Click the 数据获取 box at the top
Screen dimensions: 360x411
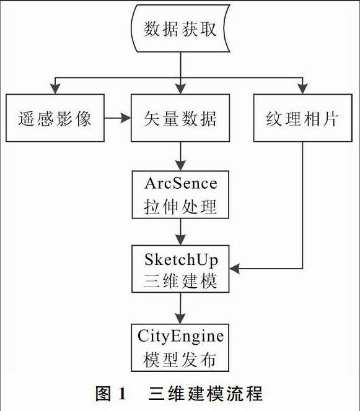click(180, 28)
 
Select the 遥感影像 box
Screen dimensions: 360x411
click(55, 118)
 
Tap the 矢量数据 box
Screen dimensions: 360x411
click(180, 118)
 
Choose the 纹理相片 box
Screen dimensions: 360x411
click(303, 118)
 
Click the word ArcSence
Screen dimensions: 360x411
click(181, 183)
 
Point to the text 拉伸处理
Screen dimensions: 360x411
click(180, 207)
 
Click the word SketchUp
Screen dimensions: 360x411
click(181, 261)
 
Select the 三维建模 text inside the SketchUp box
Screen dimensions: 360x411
click(180, 281)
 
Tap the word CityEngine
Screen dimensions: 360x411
click(180, 337)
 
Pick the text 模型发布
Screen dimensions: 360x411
click(180, 360)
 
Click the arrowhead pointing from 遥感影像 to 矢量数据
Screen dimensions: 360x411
click(125, 118)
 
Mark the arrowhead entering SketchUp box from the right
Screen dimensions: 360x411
click(235, 269)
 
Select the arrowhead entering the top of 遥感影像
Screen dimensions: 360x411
click(55, 89)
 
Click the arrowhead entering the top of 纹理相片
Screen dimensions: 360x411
click(303, 89)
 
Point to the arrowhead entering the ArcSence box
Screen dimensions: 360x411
click(180, 166)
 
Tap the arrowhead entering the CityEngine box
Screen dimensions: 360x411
click(180, 319)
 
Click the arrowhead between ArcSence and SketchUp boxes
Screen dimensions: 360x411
click(180, 240)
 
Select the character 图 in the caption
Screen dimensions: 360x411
click(103, 394)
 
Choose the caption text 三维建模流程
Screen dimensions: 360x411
click(206, 394)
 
